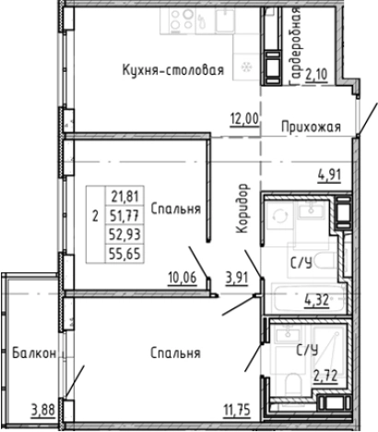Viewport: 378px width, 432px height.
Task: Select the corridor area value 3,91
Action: click(x=239, y=276)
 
